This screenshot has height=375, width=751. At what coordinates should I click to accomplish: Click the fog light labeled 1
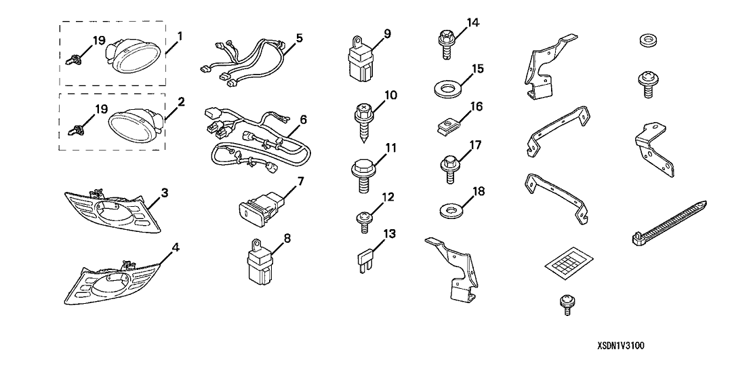[x=133, y=58]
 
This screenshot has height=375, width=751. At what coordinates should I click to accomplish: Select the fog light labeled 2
[x=134, y=123]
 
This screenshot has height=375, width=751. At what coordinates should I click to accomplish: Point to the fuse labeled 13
[x=365, y=262]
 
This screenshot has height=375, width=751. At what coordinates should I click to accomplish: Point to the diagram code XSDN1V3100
[x=621, y=345]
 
